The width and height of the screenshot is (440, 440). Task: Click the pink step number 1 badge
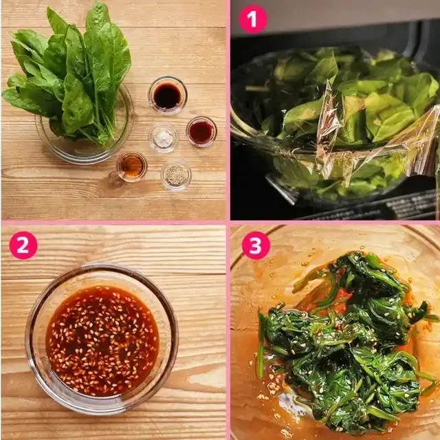pos(253,19)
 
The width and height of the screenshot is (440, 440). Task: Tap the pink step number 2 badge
pos(23,245)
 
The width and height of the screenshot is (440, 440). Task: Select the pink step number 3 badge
pos(256,245)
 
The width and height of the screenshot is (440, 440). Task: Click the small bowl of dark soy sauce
pos(168,96)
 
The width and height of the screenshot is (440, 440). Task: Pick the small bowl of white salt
pos(164,137)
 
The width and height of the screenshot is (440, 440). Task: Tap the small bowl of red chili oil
pos(201,131)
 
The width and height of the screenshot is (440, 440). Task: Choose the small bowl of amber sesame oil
pos(131,166)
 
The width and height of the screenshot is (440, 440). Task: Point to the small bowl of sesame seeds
pos(176,175)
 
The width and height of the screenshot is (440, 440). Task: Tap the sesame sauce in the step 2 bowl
pos(102,341)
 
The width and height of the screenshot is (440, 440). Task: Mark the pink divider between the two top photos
pos(228,110)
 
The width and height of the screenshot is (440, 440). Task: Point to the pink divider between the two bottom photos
pos(228,331)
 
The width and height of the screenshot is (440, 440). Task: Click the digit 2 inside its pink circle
pos(23,245)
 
